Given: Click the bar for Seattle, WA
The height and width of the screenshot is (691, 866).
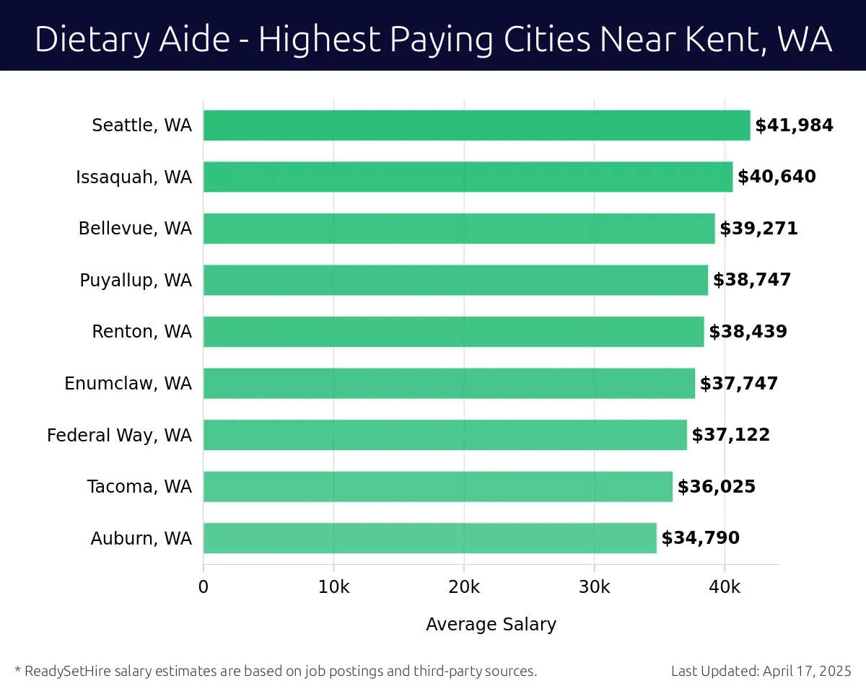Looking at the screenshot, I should [476, 126].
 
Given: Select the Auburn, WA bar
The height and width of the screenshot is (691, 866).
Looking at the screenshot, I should [429, 538].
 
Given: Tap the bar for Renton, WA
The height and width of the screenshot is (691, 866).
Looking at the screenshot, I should [453, 332].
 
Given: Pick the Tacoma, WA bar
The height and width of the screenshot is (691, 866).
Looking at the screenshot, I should [437, 486].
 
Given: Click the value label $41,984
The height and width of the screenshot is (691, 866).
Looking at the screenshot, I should [794, 126].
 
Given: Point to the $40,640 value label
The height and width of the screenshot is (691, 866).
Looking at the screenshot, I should [777, 177].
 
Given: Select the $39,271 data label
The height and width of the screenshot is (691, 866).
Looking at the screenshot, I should [758, 229].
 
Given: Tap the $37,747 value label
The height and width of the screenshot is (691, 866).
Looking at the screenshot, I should [739, 384].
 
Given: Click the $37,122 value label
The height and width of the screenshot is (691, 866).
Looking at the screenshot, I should [731, 435].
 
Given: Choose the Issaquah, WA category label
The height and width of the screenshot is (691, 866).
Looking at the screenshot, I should [134, 177].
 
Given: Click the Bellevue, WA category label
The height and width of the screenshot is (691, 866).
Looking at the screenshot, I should [135, 229].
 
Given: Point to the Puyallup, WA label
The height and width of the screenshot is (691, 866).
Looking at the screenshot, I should [136, 280].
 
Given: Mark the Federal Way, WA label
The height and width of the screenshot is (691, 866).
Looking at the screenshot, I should [120, 435].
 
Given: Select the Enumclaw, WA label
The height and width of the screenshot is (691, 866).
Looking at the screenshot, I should [128, 384].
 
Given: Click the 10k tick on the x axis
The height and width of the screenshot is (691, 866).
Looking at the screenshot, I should [333, 587].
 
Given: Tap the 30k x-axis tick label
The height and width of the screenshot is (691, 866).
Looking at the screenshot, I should [594, 587].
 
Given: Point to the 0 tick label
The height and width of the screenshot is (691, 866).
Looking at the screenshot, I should [204, 587].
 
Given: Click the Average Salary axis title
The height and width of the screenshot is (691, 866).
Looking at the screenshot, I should [491, 624].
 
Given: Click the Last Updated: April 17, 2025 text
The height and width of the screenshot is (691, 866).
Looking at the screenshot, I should [761, 671].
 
